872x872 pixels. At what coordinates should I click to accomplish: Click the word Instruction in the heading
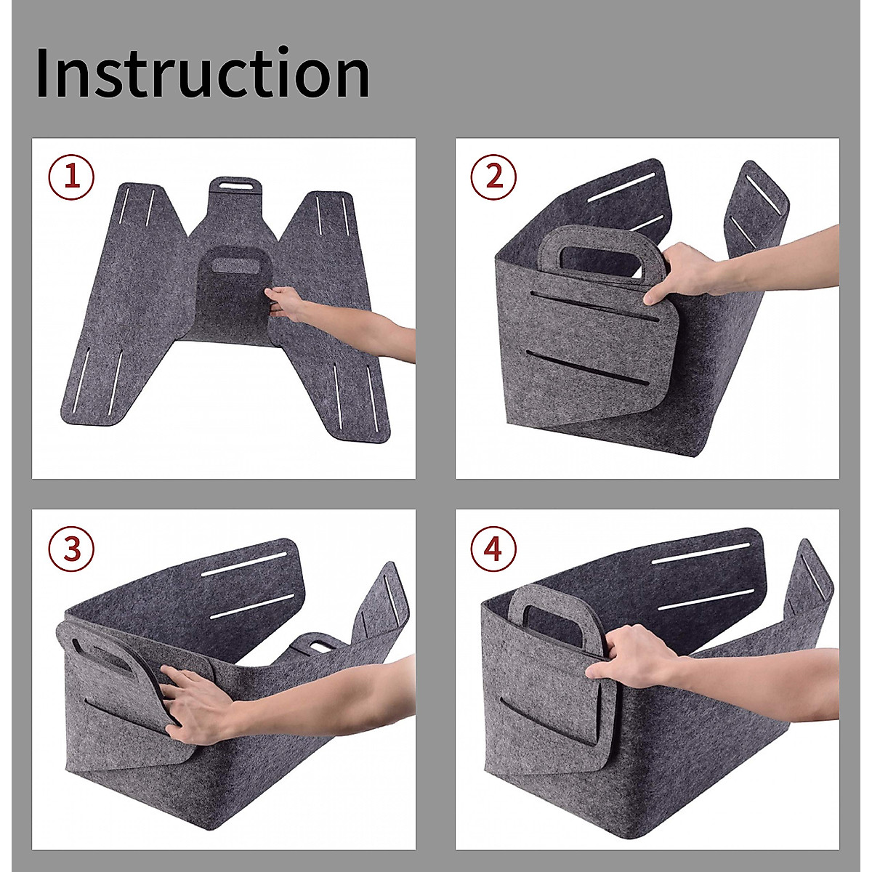[x=202, y=73]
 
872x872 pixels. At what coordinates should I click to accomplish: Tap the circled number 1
[x=71, y=177]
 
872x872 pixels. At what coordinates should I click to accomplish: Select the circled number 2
[x=493, y=177]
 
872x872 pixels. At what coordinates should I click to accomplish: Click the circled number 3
[x=71, y=549]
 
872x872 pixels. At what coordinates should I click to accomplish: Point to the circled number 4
[x=493, y=549]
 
